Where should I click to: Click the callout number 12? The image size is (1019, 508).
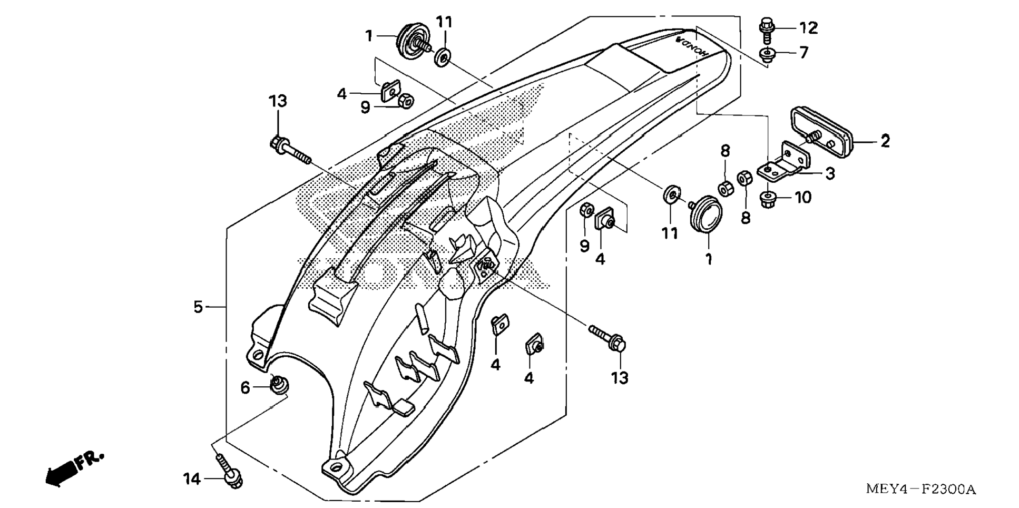coord(808,27)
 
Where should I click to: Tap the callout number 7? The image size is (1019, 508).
coord(804,53)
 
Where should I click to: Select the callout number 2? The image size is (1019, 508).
coord(885,141)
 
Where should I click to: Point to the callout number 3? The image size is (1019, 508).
coord(830,173)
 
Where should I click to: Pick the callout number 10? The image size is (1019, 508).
coord(803,198)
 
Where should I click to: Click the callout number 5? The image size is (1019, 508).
coord(198,307)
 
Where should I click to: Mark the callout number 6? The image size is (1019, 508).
coord(245,388)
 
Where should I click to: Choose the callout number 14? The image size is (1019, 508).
coord(192,479)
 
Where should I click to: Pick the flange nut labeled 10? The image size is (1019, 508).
coord(769,199)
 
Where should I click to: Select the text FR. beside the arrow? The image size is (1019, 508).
coord(90,460)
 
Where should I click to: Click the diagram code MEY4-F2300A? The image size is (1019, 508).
coord(920,490)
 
